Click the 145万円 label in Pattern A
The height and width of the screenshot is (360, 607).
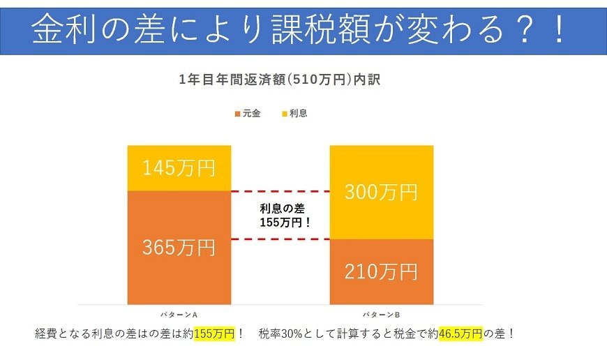tap(178, 168)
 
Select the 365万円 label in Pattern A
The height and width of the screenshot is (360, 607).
tap(178, 247)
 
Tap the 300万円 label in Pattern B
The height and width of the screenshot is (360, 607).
tap(381, 192)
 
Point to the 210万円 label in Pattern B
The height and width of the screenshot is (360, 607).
tap(381, 271)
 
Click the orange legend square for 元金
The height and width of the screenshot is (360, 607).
tap(237, 114)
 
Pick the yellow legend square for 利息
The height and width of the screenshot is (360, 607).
tap(284, 114)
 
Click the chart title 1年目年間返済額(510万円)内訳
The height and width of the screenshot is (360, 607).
tap(279, 80)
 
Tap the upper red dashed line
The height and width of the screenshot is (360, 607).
tap(279, 191)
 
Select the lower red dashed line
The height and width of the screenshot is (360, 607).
tap(279, 239)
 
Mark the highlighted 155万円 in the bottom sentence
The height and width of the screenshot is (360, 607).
tap(214, 333)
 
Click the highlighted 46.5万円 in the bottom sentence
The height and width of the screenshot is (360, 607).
tap(460, 333)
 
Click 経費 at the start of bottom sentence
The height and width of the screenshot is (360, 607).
tap(46, 333)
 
